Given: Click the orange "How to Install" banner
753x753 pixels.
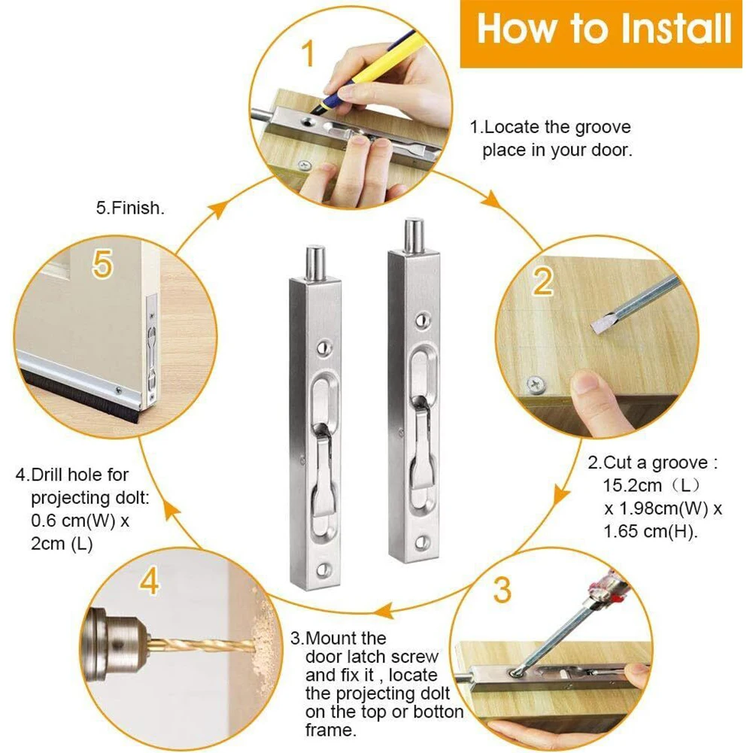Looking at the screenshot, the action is [x=602, y=34].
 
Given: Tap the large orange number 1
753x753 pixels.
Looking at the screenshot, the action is [x=308, y=54].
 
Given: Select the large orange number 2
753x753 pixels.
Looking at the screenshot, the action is [x=542, y=281].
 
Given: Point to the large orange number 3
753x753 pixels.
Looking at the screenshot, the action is [x=503, y=591].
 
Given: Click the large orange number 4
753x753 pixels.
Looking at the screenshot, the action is [x=150, y=581].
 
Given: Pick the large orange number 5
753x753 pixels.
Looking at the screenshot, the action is [x=102, y=264].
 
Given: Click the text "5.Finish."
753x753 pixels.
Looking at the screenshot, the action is [x=130, y=208].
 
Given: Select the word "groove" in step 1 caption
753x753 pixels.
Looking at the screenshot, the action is [x=603, y=127].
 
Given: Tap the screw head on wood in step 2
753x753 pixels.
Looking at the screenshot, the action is [x=536, y=384].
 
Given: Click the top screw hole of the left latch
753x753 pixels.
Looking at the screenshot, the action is [x=324, y=347].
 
